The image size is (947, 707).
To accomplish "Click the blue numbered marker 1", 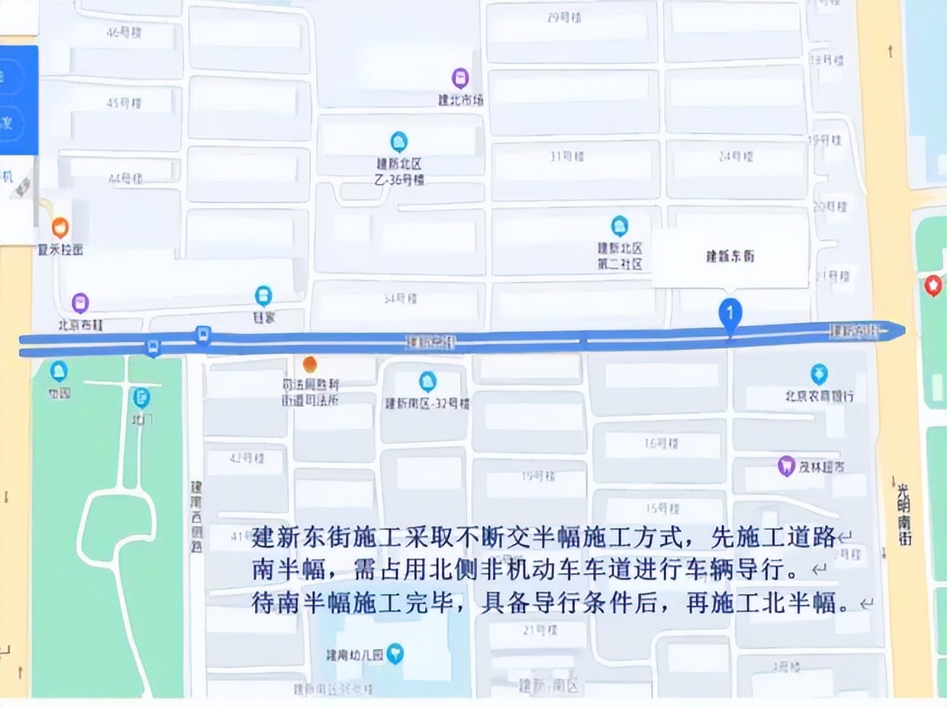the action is point(730,314).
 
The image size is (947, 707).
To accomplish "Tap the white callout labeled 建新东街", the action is point(730,256).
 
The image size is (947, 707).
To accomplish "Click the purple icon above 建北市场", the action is point(460,78).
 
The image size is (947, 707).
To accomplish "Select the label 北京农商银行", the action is point(819,396).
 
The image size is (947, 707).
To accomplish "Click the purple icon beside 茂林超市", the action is point(786,465).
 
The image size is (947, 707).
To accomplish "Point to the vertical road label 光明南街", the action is point(903,514).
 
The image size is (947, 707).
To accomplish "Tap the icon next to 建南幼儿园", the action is point(395,654).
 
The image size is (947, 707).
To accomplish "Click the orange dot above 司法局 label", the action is point(310,364).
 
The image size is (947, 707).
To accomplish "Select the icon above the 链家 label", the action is point(263,296).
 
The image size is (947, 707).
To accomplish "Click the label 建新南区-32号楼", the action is point(427,403).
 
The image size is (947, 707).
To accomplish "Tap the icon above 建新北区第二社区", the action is point(619,226).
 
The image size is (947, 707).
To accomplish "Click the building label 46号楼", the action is point(124,33).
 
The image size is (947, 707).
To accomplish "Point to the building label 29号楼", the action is point(564,17).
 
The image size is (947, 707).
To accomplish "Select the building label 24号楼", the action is point(736,156).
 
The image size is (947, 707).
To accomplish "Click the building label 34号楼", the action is point(400,298).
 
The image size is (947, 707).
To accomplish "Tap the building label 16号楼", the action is point(661,443).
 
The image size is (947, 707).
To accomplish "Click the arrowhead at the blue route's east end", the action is point(900,330).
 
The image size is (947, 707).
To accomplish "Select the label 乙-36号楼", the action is point(400,179).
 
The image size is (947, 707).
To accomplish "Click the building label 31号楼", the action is point(567,156).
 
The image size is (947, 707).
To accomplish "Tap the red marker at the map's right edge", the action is point(933,285).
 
